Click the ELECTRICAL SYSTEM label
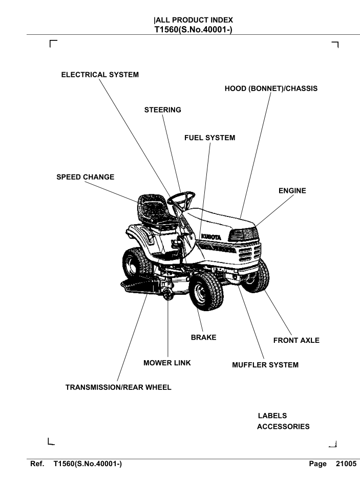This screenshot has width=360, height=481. pyautogui.click(x=100, y=75)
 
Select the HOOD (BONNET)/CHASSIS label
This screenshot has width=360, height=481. pyautogui.click(x=271, y=89)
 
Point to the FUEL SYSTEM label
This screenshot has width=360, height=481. pyautogui.click(x=210, y=138)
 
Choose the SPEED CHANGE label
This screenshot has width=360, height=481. pyautogui.click(x=85, y=177)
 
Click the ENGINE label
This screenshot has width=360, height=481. pyautogui.click(x=292, y=191)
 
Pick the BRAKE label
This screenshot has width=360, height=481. pyautogui.click(x=203, y=338)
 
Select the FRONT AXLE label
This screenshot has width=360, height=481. pyautogui.click(x=297, y=341)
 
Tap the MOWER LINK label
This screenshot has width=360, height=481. pyautogui.click(x=167, y=363)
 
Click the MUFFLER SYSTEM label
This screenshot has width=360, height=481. pyautogui.click(x=265, y=365)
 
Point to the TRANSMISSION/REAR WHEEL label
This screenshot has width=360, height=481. pyautogui.click(x=118, y=387)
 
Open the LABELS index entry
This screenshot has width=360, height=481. pyautogui.click(x=272, y=416)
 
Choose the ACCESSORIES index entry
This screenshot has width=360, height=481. pyautogui.click(x=283, y=427)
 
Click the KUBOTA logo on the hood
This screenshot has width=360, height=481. pyautogui.click(x=207, y=237)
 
